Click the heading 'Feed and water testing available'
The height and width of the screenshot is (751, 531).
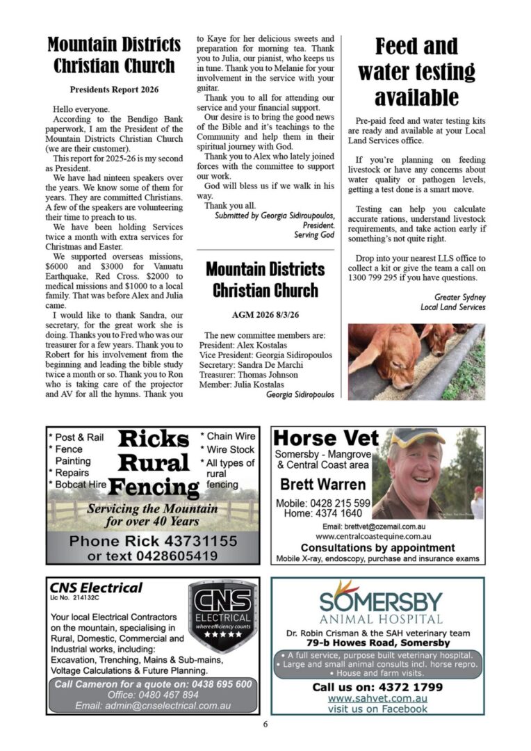point(416,72)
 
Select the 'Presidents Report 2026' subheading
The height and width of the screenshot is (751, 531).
point(114,90)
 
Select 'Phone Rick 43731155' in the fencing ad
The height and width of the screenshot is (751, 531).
point(153,540)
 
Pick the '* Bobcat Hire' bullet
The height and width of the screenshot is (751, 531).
point(79,484)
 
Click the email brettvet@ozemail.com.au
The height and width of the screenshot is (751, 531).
point(377,526)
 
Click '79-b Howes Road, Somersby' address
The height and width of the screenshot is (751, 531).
point(377,643)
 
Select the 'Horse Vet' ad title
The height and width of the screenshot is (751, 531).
point(327,439)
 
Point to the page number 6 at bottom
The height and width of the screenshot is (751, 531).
point(265,724)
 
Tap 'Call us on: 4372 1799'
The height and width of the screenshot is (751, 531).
point(377,686)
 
